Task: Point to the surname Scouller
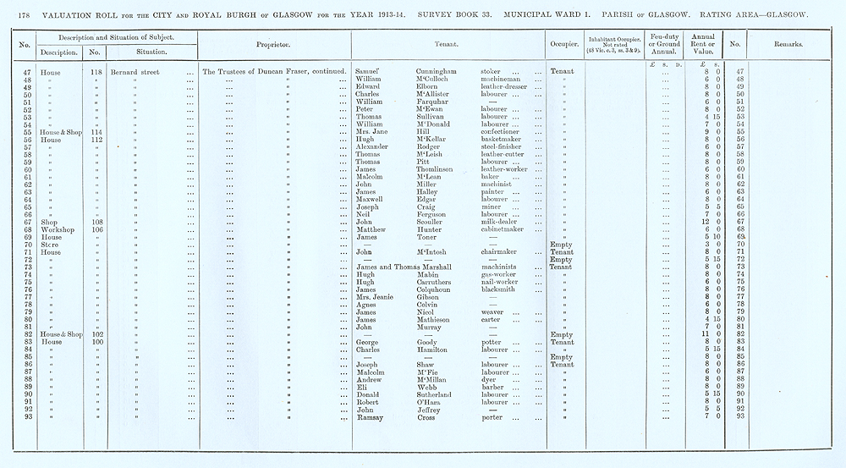pyautogui.click(x=433, y=222)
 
